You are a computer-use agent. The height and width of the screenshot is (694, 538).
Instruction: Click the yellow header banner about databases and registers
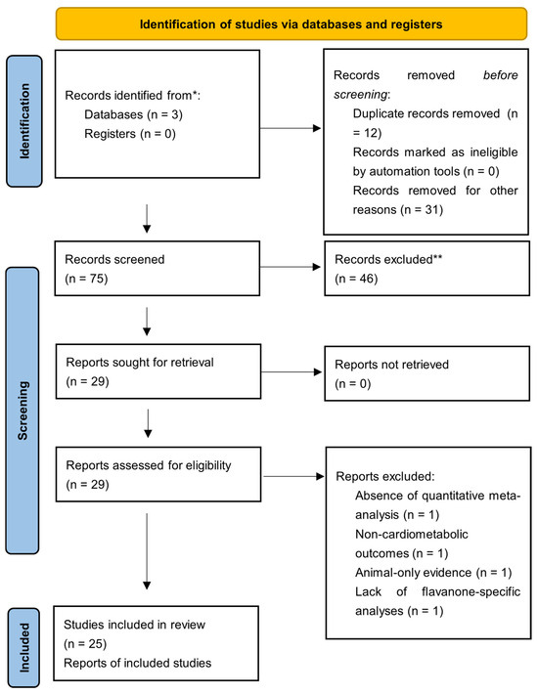coord(291,23)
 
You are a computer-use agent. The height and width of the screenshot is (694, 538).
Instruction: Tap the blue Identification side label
coord(24,121)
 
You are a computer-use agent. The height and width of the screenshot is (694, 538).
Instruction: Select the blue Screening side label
coord(22,411)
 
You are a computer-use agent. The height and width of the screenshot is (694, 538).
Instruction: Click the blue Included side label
coord(23,647)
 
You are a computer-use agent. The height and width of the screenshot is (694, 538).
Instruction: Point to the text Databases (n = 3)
coord(133,114)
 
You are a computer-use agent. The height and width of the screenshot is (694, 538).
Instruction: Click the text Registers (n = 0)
coord(130,134)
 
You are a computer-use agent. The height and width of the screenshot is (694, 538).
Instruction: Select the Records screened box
coord(157,268)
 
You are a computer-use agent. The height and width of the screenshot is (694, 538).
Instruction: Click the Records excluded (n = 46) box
coord(426,268)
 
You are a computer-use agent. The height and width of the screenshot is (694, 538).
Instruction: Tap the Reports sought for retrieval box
coord(158,371)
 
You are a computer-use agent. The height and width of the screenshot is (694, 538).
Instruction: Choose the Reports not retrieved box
coord(426,373)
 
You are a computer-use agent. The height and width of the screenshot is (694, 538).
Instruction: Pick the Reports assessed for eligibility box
coord(158,474)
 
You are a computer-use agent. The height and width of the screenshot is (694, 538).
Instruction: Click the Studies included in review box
coord(156,643)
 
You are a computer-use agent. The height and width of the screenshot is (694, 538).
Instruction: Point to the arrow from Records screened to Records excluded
coord(291,267)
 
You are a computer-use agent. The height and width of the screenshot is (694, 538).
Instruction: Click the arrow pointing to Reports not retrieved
coord(291,371)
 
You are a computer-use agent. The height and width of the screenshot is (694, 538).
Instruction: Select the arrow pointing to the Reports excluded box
coord(294,476)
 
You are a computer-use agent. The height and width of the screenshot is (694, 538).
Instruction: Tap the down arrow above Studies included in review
coord(147,551)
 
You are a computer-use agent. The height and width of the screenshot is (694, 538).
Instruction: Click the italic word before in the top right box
coord(501,75)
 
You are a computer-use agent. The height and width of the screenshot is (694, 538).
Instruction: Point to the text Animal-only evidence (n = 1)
coord(433,573)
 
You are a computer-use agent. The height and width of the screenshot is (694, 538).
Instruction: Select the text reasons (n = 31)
coord(398,210)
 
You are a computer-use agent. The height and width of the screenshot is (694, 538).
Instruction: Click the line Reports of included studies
coord(137,663)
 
